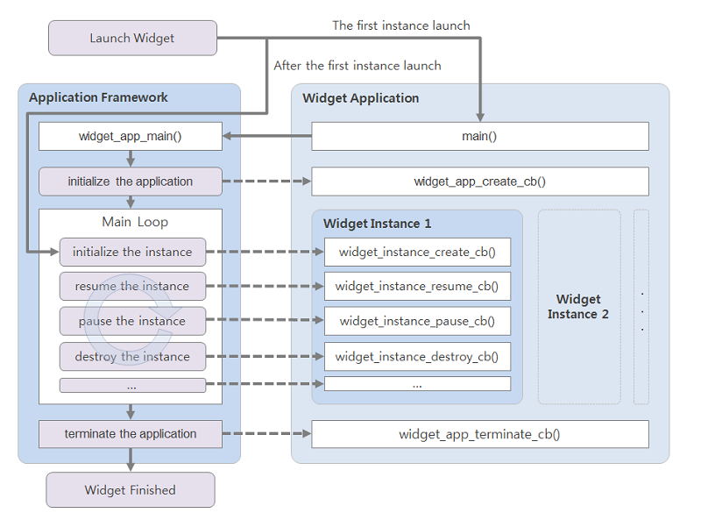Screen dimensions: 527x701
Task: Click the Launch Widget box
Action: (132, 39)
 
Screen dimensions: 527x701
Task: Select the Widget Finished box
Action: (130, 490)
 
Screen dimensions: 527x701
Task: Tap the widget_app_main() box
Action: (131, 136)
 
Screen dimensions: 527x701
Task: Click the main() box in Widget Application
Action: (479, 136)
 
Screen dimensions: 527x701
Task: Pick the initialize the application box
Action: (131, 182)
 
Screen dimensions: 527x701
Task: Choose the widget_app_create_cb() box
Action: (479, 182)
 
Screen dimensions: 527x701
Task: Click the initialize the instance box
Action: (132, 252)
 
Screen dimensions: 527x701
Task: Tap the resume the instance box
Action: (132, 286)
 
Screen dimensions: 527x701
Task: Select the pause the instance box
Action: (132, 321)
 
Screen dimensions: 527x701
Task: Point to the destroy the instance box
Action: (132, 356)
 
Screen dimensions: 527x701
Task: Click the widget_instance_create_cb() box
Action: (417, 252)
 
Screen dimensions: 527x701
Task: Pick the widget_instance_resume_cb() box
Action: (417, 286)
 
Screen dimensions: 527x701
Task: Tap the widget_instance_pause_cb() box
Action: (417, 321)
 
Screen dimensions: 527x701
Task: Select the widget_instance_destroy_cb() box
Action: (417, 356)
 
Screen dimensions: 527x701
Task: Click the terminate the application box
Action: (131, 434)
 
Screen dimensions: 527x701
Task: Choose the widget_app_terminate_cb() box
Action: (479, 434)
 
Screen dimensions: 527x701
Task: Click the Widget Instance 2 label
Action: (578, 307)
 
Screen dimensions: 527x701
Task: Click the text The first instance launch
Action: (400, 25)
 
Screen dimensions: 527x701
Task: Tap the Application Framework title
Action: (98, 97)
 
